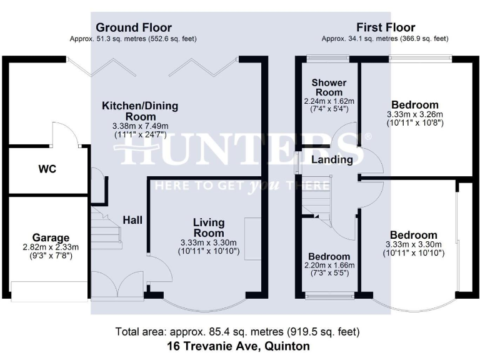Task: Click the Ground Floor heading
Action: [x=133, y=27]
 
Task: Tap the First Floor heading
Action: [x=386, y=27]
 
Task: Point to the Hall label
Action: [x=132, y=220]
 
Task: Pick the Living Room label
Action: [x=209, y=228]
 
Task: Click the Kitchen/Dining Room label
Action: [x=140, y=111]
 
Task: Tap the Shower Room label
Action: [x=329, y=87]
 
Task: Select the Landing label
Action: [x=332, y=160]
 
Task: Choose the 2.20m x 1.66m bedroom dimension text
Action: [x=329, y=266]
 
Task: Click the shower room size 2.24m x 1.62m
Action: [x=329, y=101]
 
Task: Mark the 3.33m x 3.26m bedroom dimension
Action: [x=414, y=115]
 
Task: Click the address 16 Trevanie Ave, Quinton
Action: [x=238, y=345]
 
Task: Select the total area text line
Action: [x=238, y=331]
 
